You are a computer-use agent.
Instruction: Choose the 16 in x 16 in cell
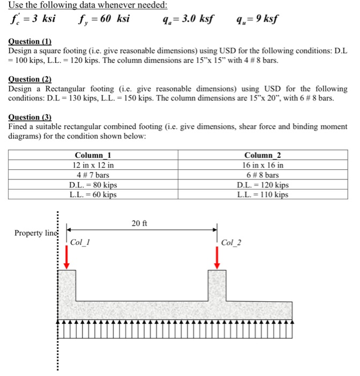pyautogui.click(x=263, y=165)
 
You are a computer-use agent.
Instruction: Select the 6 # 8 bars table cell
pyautogui.click(x=263, y=175)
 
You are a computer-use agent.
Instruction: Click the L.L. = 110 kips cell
pyautogui.click(x=263, y=194)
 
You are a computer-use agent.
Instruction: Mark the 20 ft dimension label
pyautogui.click(x=138, y=222)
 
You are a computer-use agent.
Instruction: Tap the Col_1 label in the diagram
pyautogui.click(x=79, y=242)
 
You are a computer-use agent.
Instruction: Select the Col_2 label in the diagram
pyautogui.click(x=231, y=242)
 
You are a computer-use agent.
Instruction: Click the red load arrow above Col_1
pyautogui.click(x=67, y=259)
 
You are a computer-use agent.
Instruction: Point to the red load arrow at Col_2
pyautogui.click(x=217, y=259)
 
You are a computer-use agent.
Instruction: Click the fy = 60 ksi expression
pyautogui.click(x=106, y=20)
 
